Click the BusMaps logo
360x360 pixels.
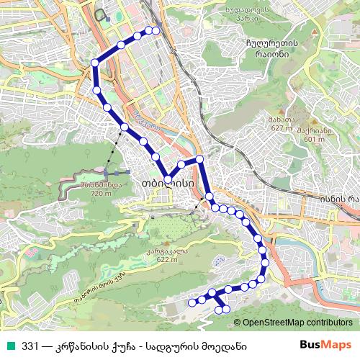click(328, 345)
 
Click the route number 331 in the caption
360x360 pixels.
click(30, 345)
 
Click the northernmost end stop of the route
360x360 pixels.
click(155, 30)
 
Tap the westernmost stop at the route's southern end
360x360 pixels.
click(192, 303)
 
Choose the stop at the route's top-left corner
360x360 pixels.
click(95, 63)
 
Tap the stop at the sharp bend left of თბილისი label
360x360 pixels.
click(167, 179)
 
